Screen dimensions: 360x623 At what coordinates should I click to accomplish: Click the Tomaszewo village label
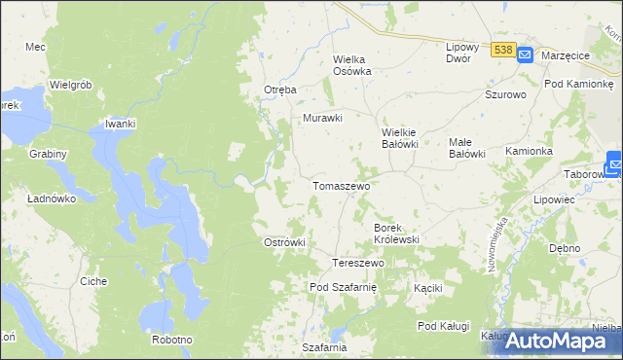[339, 185]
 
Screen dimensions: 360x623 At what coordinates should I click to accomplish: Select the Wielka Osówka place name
[352, 64]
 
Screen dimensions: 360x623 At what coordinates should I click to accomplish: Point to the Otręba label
[279, 90]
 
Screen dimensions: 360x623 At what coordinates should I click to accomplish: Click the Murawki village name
[323, 118]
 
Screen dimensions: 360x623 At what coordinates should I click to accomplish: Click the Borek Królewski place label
[396, 233]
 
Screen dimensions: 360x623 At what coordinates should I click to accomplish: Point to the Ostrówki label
[285, 242]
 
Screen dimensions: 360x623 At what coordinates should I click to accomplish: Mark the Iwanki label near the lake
[120, 124]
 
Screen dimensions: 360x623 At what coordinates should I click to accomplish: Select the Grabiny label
[48, 154]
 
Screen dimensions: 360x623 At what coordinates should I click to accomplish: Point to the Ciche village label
[93, 281]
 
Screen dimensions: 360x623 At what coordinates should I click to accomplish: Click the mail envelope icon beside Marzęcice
[524, 55]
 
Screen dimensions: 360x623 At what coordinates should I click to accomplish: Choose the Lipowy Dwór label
[464, 53]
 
